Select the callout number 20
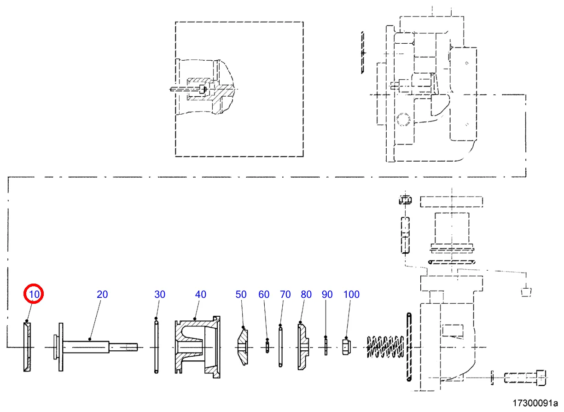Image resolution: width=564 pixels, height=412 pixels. [x=102, y=294]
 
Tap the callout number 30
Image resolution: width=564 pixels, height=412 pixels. [x=159, y=294]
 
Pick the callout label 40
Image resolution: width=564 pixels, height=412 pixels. [x=201, y=294]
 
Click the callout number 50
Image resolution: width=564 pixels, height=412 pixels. [x=241, y=294]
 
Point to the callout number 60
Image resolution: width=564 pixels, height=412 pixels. [x=264, y=294]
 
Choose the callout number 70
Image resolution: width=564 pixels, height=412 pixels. [x=285, y=294]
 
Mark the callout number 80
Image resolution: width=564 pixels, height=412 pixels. [x=306, y=294]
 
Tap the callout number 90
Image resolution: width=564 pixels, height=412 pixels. [x=327, y=294]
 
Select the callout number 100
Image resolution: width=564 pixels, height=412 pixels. [x=352, y=294]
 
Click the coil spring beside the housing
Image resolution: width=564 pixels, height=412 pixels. [x=385, y=346]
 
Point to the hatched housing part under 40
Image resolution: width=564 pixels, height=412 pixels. [x=197, y=346]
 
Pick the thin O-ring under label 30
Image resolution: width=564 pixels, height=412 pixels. [x=157, y=346]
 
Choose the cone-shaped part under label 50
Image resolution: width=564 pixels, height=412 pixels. [x=242, y=346]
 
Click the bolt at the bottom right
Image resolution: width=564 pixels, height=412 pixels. [x=525, y=378]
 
